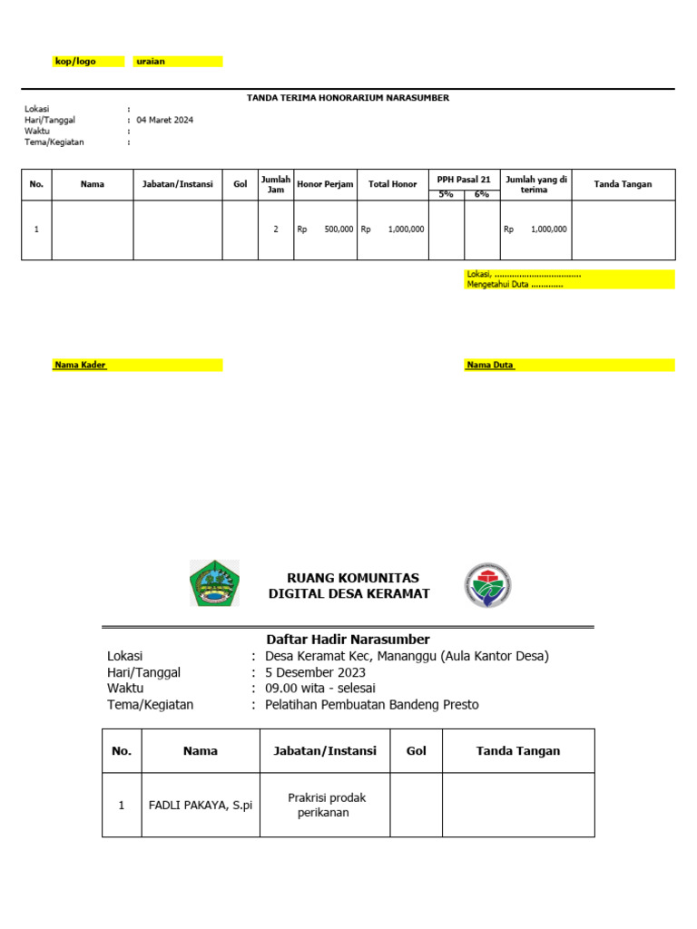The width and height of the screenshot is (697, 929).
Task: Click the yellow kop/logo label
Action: (76, 62)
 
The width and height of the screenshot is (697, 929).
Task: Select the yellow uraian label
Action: (151, 62)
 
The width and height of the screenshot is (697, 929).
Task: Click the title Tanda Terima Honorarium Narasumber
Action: (348, 97)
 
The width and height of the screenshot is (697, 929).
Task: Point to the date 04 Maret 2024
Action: (164, 120)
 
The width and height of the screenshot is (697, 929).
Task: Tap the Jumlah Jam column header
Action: (275, 184)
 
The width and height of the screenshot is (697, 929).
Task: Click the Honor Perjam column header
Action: (325, 184)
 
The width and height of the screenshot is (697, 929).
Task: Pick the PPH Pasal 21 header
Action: (464, 180)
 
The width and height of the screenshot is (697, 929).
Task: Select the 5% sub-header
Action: (446, 194)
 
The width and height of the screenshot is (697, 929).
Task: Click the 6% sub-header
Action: (482, 194)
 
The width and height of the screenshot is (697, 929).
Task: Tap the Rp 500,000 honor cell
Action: (325, 230)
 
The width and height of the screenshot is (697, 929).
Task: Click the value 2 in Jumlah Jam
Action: (275, 230)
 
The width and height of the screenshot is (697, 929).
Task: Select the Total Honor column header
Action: (392, 184)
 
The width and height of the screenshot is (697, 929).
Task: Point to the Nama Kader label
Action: (80, 365)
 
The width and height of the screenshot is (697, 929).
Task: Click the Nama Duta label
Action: (490, 365)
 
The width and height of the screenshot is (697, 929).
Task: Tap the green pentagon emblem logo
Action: (215, 583)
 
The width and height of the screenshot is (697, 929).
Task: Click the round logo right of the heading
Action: (487, 585)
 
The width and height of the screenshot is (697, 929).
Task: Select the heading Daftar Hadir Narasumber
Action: (348, 640)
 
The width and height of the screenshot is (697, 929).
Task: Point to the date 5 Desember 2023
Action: (315, 672)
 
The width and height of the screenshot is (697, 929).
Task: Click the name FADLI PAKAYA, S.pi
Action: (201, 805)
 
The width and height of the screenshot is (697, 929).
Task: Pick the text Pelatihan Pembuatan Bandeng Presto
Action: (371, 704)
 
